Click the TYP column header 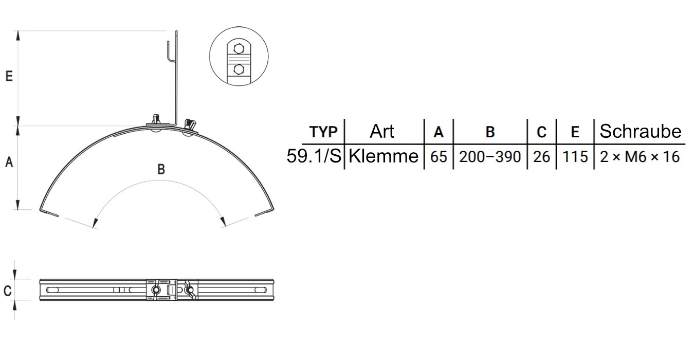point(323,132)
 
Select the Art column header point(381,131)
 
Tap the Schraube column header point(641,131)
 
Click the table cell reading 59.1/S point(314,156)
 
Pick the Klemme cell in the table point(383,156)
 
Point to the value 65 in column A point(439,156)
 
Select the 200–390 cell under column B point(490,156)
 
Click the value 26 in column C point(541,156)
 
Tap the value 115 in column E point(575,156)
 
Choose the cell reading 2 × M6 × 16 point(640,156)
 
